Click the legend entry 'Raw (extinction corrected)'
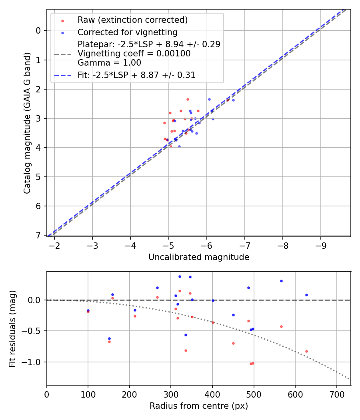coord(132,20)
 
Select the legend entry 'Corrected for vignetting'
coord(127,32)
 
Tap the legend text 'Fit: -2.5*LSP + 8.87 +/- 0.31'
coord(136,75)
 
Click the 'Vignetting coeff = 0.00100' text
coord(134,54)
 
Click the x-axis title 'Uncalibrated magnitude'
coord(199,257)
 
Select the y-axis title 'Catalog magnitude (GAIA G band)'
coord(27,123)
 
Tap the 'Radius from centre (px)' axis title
coord(199,406)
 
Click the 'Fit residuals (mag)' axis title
coord(12,328)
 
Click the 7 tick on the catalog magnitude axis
coord(38,235)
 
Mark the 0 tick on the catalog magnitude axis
coord(38,30)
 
